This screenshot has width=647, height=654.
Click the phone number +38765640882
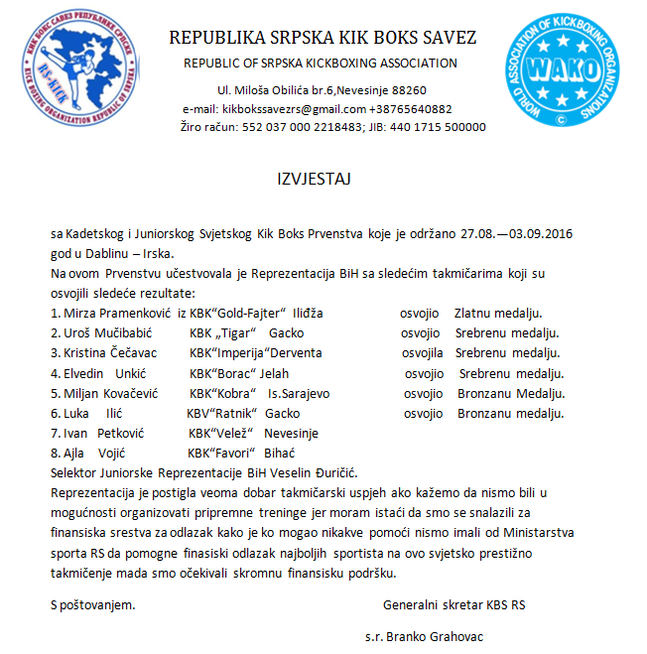tap(410, 108)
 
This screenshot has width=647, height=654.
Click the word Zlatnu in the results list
tap(476, 313)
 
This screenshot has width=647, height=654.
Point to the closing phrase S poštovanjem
tap(93, 602)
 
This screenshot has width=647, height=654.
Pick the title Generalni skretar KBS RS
tap(454, 602)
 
